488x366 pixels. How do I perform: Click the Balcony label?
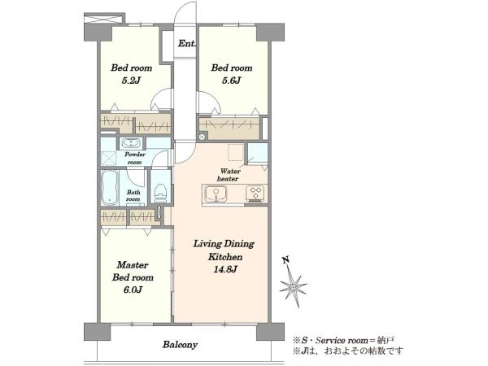tap(180, 345)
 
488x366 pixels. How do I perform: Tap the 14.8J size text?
tap(225, 269)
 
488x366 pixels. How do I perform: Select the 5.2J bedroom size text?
tap(131, 81)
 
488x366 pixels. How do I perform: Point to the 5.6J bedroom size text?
tap(232, 81)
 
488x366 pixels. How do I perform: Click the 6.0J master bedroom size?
tap(133, 290)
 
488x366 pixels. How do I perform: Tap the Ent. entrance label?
tap(187, 44)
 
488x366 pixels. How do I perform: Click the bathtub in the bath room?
tap(110, 188)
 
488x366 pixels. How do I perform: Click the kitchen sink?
tap(216, 194)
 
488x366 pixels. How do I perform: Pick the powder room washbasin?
tap(131, 143)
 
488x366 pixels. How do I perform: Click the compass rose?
tap(293, 286)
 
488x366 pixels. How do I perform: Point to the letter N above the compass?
tap(285, 260)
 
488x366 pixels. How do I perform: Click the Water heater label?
tap(229, 175)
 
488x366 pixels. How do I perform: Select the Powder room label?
tap(135, 158)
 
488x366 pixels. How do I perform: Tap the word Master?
tap(133, 265)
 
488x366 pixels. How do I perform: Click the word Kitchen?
tap(225, 257)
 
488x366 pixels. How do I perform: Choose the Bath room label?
tap(133, 196)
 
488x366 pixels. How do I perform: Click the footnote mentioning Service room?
tap(343, 340)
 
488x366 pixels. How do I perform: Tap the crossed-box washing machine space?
tap(109, 159)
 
